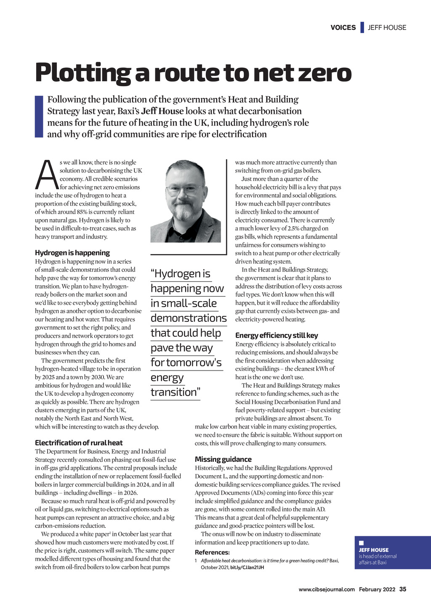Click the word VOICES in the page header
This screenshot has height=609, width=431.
click(343, 28)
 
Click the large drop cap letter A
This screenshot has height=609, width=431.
click(46, 175)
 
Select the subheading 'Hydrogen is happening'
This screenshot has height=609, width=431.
click(72, 253)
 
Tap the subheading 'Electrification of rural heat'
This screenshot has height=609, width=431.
click(79, 443)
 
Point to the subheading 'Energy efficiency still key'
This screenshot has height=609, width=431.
click(277, 336)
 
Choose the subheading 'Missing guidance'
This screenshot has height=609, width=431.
click(223, 460)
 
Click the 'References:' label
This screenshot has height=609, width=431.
click(212, 553)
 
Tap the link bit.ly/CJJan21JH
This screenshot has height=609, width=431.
click(247, 568)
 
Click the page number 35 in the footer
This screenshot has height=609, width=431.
click(403, 589)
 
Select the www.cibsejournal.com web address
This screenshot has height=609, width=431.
click(327, 590)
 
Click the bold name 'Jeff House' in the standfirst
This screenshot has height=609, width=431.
click(162, 111)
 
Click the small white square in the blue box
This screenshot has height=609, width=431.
click(361, 543)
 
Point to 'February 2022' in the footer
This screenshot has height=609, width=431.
click(377, 590)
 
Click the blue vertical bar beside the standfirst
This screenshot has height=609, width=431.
click(39, 117)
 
